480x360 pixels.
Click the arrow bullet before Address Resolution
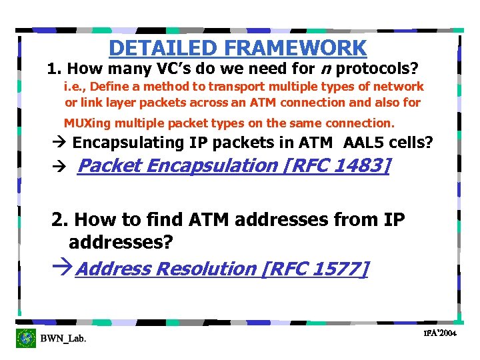click(x=63, y=269)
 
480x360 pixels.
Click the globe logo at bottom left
click(x=26, y=338)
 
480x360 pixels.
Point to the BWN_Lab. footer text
click(x=63, y=339)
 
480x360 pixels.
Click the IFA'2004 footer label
click(x=439, y=333)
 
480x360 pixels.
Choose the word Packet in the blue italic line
click(x=107, y=165)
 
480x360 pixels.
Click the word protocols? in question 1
click(x=381, y=69)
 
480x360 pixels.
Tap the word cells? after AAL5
click(x=415, y=143)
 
